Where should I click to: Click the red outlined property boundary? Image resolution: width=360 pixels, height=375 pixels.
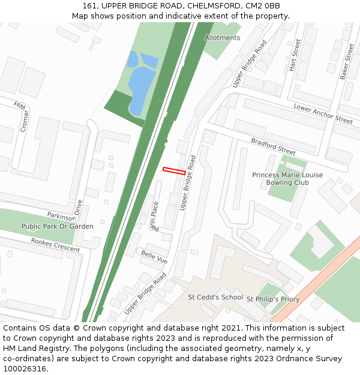tap(174, 171)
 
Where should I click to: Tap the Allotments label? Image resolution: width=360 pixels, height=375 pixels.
tap(222, 38)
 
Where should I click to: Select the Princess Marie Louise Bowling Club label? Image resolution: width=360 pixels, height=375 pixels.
tap(287, 179)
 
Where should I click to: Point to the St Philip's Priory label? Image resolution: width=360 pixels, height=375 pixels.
tap(273, 299)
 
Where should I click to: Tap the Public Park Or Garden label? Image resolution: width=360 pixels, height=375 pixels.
tap(58, 227)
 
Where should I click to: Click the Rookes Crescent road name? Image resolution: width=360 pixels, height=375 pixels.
tap(55, 245)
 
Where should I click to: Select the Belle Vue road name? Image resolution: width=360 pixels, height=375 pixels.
tap(154, 257)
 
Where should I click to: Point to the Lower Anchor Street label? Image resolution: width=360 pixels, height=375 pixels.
tap(323, 113)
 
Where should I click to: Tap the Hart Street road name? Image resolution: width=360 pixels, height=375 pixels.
tap(295, 55)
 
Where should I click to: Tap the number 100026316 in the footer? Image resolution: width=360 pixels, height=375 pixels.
tap(24, 369)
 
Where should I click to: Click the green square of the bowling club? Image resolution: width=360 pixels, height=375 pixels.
tap(284, 188)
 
